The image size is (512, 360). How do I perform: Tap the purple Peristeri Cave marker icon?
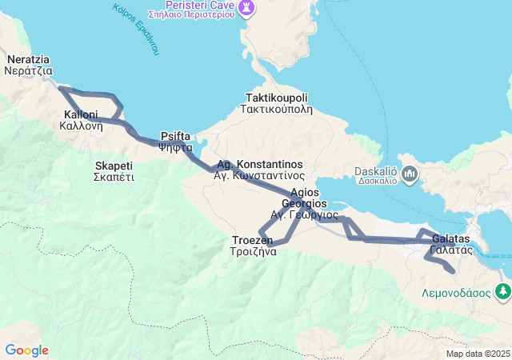click(248, 7)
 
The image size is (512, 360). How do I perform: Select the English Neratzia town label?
click(28, 59)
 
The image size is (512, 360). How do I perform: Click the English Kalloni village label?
click(81, 114)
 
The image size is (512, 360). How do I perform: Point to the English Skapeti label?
click(113, 166)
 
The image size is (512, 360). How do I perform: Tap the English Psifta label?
click(175, 136)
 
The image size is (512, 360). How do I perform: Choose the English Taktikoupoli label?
click(277, 98)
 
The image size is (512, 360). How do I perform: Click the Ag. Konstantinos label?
click(260, 163)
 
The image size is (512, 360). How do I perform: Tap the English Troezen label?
click(252, 240)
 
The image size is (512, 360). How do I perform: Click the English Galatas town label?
click(451, 238)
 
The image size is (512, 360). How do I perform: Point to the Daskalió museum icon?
click(408, 173)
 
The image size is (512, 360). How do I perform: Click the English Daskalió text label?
click(376, 170)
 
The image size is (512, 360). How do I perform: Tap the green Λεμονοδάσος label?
click(456, 292)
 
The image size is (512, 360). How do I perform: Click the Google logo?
click(26, 350)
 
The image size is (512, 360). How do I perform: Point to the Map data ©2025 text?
click(478, 354)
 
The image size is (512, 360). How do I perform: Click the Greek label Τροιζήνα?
click(254, 250)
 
